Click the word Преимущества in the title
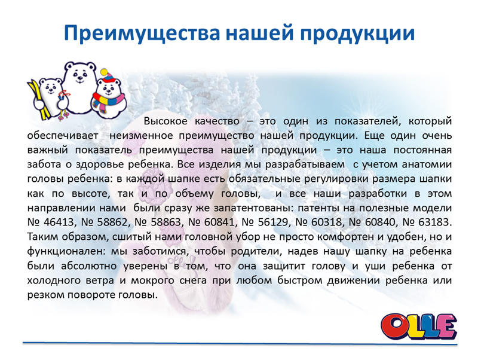pyautogui.click(x=142, y=33)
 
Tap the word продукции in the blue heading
pyautogui.click(x=357, y=34)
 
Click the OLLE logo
pyautogui.click(x=419, y=326)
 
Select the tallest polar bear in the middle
pyautogui.click(x=79, y=87)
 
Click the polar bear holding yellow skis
pyautogui.click(x=49, y=96)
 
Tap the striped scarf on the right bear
pyautogui.click(x=108, y=102)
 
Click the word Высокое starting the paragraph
pyautogui.click(x=166, y=121)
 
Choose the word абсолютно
pyautogui.click(x=89, y=266)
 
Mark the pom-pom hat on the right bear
pyautogui.click(x=109, y=77)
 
